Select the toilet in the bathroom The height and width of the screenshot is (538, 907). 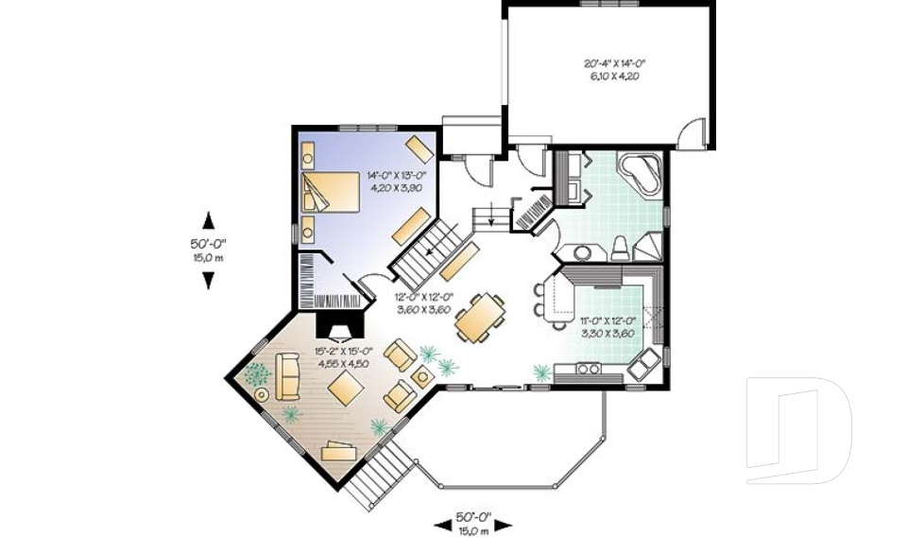coord(620,248)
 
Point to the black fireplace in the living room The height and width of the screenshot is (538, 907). coord(336,325)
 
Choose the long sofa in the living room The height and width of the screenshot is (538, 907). coord(287,373)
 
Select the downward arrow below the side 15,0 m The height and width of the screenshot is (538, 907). coord(208,281)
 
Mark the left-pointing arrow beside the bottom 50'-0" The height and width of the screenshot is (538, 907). coord(441,523)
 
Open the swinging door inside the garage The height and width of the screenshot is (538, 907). coord(694,132)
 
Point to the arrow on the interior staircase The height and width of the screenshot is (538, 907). coord(430,252)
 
